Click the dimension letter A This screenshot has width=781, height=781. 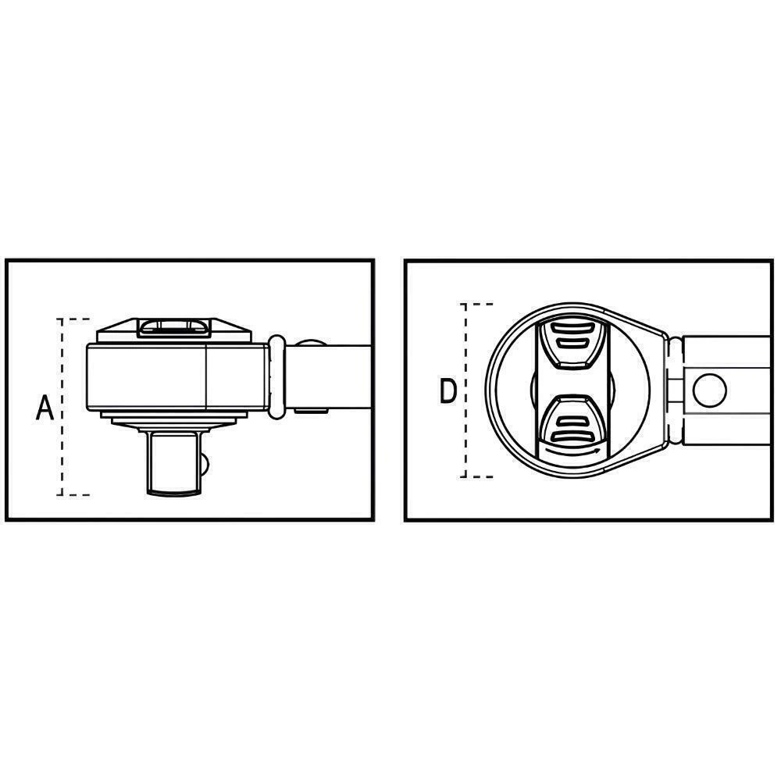[x=45, y=408]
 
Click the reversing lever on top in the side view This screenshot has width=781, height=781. [x=173, y=326]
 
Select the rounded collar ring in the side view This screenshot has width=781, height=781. [x=276, y=376]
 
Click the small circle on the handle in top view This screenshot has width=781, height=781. [x=709, y=390]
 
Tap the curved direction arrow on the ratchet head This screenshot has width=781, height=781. [x=572, y=451]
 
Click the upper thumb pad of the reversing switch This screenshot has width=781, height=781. [x=572, y=344]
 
